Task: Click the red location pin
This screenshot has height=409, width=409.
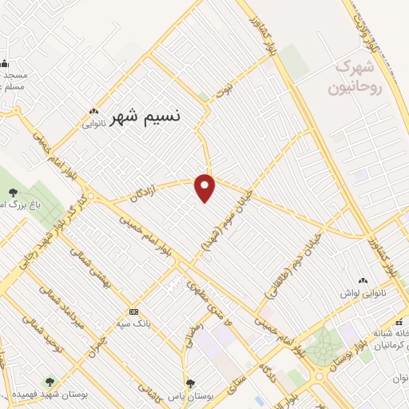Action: pyautogui.click(x=206, y=187)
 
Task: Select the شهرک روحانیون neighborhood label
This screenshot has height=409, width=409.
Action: pyautogui.click(x=359, y=77)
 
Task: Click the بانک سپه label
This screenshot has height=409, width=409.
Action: pyautogui.click(x=133, y=324)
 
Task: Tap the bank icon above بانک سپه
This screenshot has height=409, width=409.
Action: pyautogui.click(x=133, y=312)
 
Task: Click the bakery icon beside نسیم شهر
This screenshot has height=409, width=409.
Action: pyautogui.click(x=94, y=112)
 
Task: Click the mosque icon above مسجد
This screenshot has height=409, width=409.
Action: pyautogui.click(x=4, y=63)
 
